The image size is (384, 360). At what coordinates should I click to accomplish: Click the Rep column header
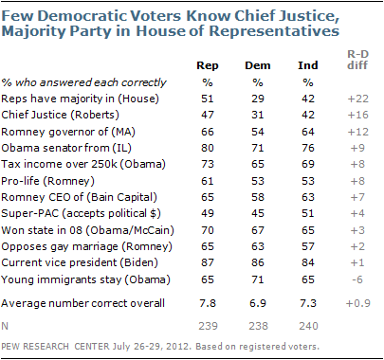tap(208, 66)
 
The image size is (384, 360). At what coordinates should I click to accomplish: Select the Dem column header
tap(258, 65)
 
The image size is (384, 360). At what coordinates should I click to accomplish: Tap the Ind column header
tap(308, 65)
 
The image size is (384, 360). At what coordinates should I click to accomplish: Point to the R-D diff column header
tap(357, 60)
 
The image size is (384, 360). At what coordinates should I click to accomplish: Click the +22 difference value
tap(357, 99)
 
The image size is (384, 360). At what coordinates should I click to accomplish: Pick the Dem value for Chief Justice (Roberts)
tap(258, 115)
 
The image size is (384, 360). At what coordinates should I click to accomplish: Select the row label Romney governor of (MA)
tap(68, 132)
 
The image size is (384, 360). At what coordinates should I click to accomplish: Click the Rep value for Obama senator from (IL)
tap(208, 148)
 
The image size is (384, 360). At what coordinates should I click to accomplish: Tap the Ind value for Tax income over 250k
tap(308, 164)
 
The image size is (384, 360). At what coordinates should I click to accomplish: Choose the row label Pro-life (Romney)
tap(47, 181)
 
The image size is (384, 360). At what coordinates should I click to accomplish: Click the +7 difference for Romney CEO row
tap(357, 197)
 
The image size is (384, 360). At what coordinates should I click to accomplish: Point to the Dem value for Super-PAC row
tap(258, 213)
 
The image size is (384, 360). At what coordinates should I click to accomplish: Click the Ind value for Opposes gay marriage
tap(308, 246)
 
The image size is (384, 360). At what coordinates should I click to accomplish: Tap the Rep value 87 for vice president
tap(208, 262)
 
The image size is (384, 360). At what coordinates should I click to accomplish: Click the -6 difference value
tap(357, 279)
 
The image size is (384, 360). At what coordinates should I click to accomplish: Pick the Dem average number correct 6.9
tap(258, 303)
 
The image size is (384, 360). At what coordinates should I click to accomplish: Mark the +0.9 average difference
tap(358, 303)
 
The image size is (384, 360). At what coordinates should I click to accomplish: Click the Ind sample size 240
tap(308, 326)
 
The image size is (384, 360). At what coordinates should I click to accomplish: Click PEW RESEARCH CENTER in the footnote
tap(55, 347)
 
